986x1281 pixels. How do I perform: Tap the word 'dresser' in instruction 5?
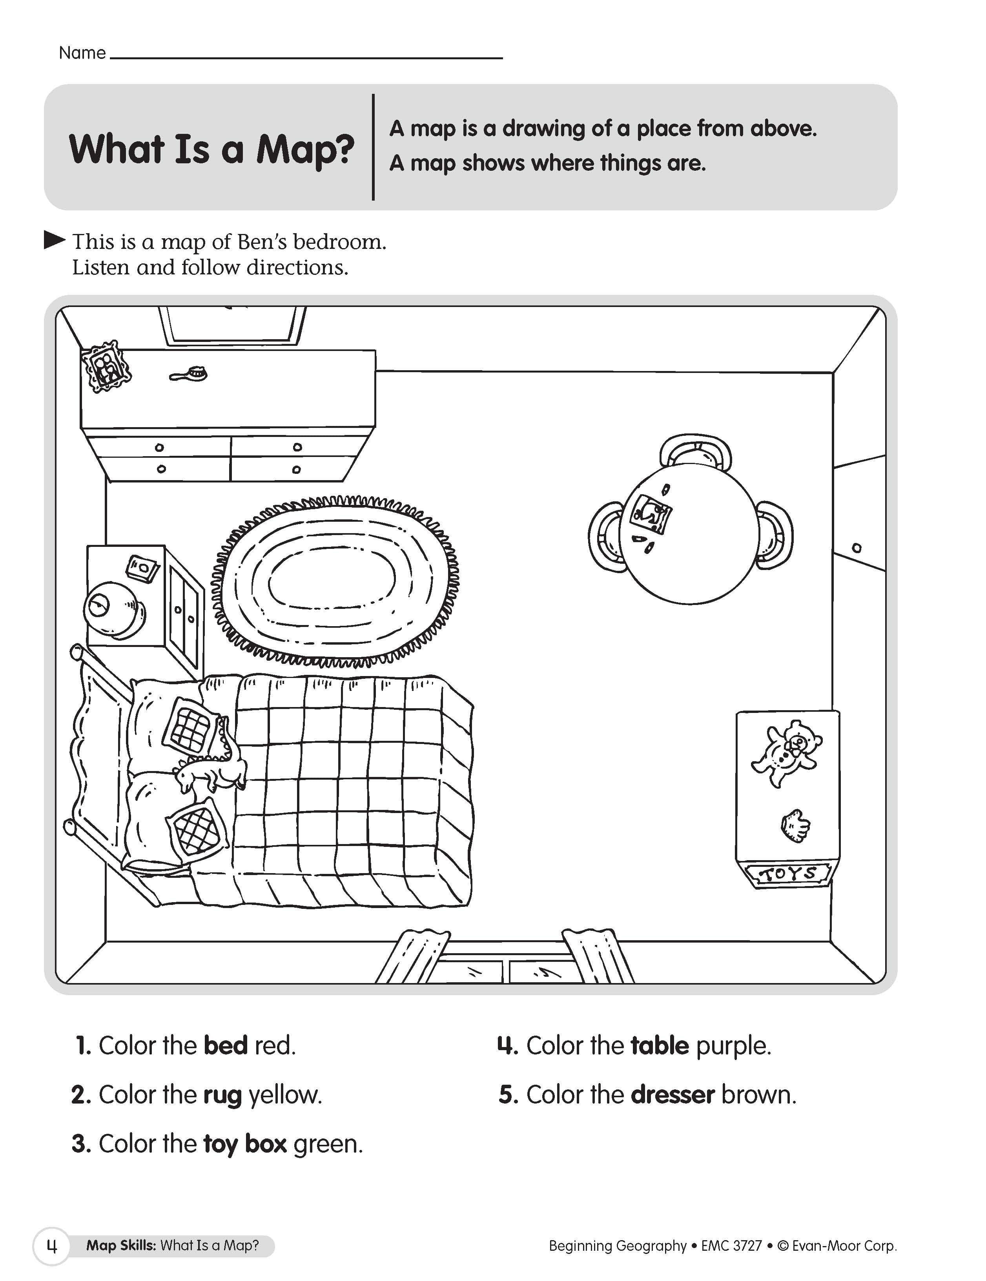tap(673, 1095)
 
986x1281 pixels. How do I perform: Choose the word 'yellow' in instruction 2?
tap(285, 1095)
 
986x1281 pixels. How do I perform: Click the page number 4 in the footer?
tap(51, 1246)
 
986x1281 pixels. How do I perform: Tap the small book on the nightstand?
tap(142, 568)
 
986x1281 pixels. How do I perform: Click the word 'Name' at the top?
tap(82, 53)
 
